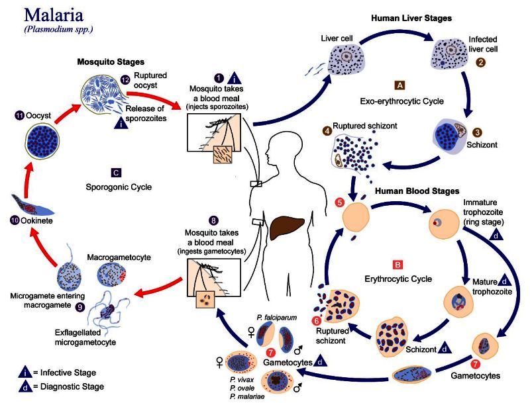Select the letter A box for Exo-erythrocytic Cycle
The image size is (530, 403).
399,86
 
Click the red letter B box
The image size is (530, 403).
398,265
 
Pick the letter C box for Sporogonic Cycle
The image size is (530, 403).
116,173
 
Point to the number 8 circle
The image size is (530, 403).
213,220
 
